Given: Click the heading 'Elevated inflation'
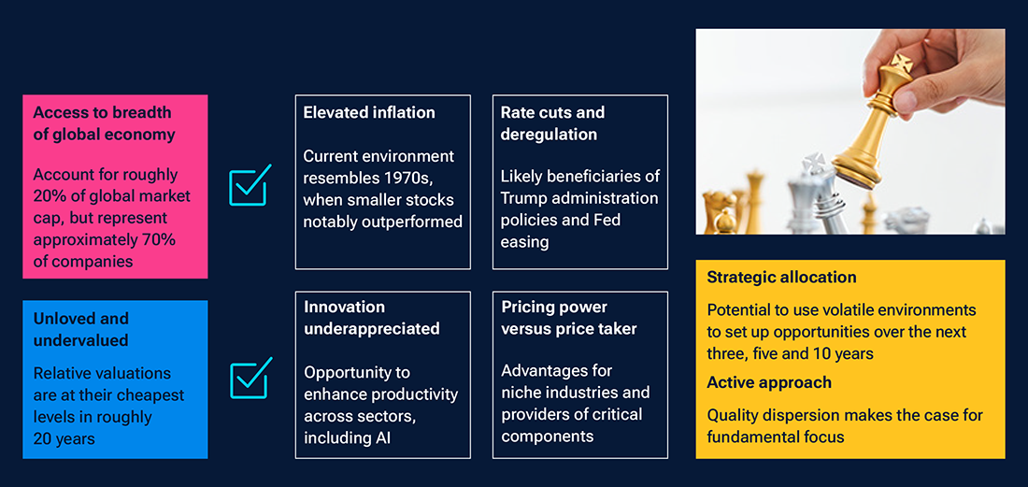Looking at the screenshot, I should click(369, 112).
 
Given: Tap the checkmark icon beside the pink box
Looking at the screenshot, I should click(250, 185).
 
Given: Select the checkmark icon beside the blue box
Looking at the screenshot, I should click(250, 378).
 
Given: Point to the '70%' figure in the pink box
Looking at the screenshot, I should click(157, 240).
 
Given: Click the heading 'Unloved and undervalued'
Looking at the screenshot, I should click(81, 329).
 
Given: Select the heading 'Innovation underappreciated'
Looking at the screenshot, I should click(371, 318).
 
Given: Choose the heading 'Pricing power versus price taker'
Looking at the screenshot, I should click(568, 318).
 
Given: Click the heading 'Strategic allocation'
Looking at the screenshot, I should click(781, 278).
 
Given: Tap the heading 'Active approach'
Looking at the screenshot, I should click(769, 382).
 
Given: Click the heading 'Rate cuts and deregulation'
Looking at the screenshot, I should click(552, 122).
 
